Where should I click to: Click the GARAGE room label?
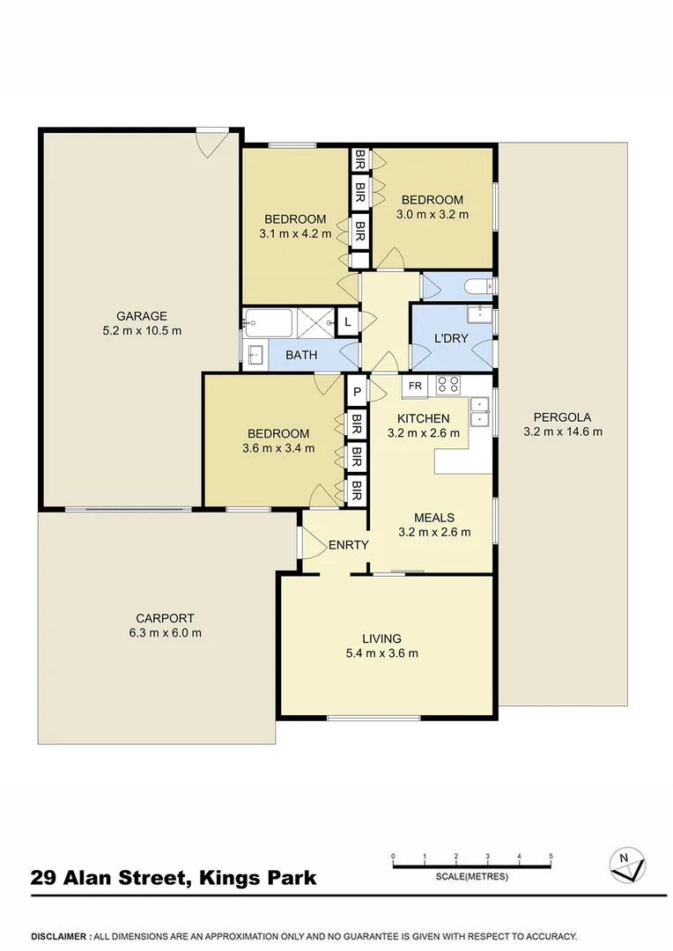pyautogui.click(x=142, y=316)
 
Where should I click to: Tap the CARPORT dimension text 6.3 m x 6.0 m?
pyautogui.click(x=165, y=633)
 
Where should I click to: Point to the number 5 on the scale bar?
pyautogui.click(x=551, y=856)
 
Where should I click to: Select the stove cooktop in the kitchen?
pyautogui.click(x=448, y=385)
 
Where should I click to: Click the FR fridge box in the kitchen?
pyautogui.click(x=414, y=385)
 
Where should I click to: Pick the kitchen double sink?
pyautogui.click(x=480, y=411)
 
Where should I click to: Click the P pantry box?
pyautogui.click(x=358, y=392)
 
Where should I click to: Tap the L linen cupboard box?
pyautogui.click(x=349, y=322)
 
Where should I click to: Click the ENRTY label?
pyautogui.click(x=348, y=545)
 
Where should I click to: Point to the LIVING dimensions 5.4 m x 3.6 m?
pyautogui.click(x=381, y=653)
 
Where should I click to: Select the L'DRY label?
pyautogui.click(x=451, y=338)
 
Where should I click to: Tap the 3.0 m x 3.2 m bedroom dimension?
pyautogui.click(x=433, y=214)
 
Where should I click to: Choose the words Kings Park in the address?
pyautogui.click(x=258, y=878)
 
